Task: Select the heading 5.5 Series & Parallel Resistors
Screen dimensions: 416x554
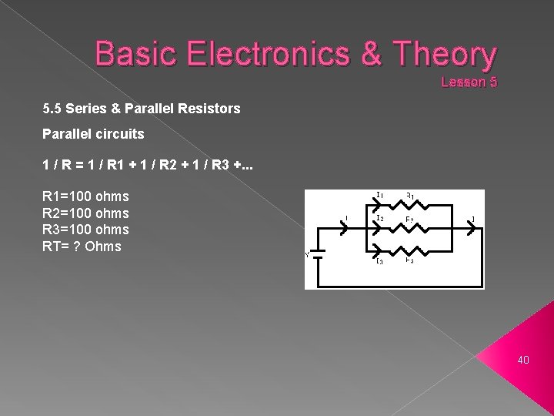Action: click(142, 109)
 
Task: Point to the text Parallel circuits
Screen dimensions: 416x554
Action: click(94, 133)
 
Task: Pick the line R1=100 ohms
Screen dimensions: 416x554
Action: click(85, 196)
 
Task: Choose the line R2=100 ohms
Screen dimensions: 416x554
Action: click(85, 213)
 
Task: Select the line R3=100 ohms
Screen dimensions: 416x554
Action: click(85, 230)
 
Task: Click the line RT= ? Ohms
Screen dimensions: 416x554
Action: click(82, 247)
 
